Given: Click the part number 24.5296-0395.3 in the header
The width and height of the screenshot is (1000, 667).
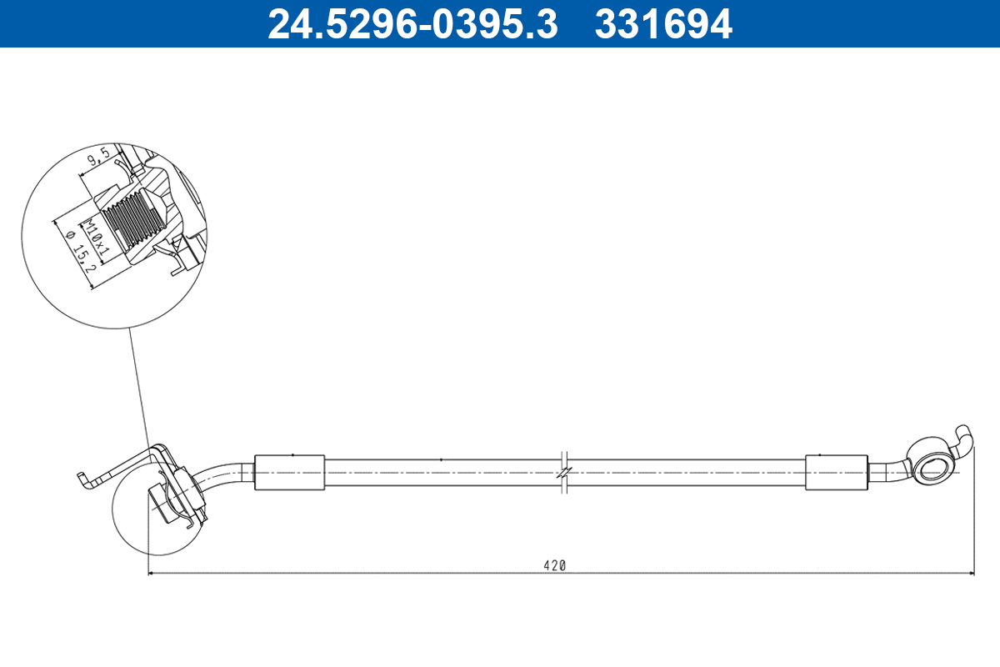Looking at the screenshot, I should (x=412, y=24).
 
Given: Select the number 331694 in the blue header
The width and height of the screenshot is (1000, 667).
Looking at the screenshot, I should (x=663, y=24).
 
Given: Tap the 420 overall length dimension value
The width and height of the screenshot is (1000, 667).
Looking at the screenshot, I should (x=554, y=564).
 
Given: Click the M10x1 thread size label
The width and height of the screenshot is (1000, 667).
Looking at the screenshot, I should (x=97, y=236).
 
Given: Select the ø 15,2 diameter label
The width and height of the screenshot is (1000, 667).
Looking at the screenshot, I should (x=80, y=258).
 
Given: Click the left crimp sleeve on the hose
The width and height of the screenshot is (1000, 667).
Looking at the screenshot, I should (x=288, y=473).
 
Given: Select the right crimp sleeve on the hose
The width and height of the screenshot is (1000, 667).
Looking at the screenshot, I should (x=837, y=473).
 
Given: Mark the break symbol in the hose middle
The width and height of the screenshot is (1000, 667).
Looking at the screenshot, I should (x=564, y=472).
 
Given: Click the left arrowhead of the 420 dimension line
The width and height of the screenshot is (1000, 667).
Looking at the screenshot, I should (x=152, y=574).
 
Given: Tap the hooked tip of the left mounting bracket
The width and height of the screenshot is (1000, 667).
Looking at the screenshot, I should (x=81, y=479).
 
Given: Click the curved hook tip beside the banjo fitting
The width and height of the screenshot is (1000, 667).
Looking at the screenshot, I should (x=963, y=434).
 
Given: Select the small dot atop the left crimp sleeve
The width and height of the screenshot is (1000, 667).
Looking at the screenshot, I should (x=292, y=454).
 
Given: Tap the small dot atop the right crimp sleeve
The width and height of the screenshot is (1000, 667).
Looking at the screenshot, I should (x=820, y=454).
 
